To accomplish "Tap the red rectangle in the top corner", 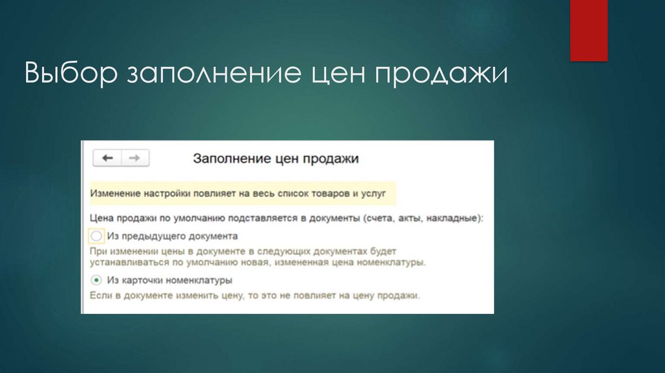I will [588, 31].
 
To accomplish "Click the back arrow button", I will [107, 158].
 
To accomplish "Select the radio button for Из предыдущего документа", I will [96, 236].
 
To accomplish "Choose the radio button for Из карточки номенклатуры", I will [96, 280].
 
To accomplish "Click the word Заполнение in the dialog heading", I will [225, 158].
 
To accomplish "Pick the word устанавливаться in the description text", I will [122, 263].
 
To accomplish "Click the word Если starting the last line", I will [98, 295].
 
